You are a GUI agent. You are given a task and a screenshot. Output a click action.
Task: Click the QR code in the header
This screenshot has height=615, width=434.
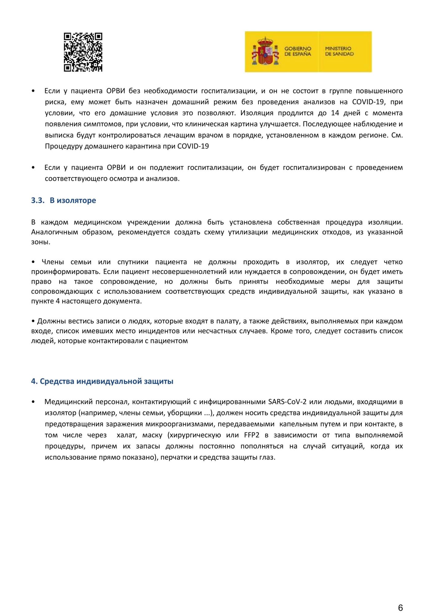click(83, 52)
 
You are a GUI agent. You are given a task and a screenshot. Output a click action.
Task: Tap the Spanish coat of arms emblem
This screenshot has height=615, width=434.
click(265, 52)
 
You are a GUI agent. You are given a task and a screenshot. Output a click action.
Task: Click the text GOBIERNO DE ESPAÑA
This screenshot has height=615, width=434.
click(298, 51)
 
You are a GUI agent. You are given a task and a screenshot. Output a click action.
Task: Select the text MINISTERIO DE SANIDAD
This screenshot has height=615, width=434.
click(339, 51)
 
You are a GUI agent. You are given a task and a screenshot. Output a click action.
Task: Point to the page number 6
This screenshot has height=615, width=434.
click(400, 608)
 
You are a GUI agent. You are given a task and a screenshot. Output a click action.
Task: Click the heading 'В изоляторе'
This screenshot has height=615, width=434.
click(73, 200)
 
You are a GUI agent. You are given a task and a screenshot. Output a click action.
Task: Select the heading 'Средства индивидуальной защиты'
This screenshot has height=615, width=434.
click(106, 381)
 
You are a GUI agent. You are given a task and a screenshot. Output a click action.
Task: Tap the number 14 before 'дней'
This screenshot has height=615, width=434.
click(335, 113)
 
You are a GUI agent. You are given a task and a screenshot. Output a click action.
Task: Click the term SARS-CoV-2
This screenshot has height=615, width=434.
click(287, 402)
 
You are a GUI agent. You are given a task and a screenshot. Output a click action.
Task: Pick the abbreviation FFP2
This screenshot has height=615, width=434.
click(252, 435)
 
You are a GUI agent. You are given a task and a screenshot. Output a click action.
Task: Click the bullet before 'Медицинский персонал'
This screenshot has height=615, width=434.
click(33, 402)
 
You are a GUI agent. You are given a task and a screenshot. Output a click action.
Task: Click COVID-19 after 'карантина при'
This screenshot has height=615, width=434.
click(193, 146)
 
